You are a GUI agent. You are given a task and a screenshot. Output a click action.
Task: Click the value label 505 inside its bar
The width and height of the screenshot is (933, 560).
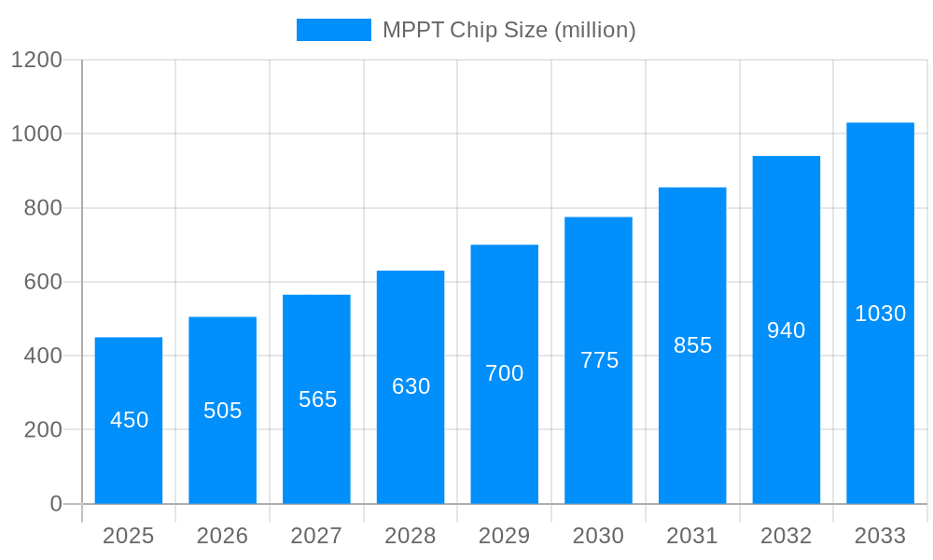(x=223, y=411)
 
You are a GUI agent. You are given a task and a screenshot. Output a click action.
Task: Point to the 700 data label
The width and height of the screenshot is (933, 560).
(x=505, y=373)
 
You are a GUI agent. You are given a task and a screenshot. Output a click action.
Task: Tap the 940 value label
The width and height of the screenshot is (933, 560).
(x=786, y=330)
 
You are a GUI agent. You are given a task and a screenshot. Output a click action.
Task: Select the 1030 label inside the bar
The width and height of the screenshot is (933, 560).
(x=880, y=314)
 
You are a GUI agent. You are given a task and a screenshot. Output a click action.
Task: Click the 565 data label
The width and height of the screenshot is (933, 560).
(x=317, y=399)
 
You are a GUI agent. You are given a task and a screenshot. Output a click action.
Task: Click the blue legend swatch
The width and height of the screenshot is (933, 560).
(x=333, y=30)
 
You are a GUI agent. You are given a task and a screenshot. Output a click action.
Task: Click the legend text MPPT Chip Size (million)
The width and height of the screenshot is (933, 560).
(x=508, y=30)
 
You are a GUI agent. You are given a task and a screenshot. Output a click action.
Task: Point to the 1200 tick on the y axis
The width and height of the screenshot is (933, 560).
(x=36, y=60)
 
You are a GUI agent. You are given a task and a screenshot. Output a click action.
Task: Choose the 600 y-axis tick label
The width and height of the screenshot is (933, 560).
(x=43, y=282)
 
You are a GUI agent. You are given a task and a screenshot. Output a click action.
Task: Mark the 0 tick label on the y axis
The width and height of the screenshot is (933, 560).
(x=56, y=504)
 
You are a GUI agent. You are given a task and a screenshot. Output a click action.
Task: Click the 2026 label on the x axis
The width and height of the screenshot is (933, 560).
(x=223, y=536)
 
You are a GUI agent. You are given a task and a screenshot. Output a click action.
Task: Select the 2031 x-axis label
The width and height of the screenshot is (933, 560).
(x=692, y=536)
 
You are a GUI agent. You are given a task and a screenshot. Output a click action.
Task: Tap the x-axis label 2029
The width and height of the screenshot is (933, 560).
(x=505, y=536)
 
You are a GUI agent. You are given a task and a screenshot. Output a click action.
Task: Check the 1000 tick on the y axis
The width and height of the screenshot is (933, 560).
(x=36, y=133)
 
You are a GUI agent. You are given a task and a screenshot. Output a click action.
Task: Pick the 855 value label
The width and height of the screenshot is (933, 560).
(x=692, y=345)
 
